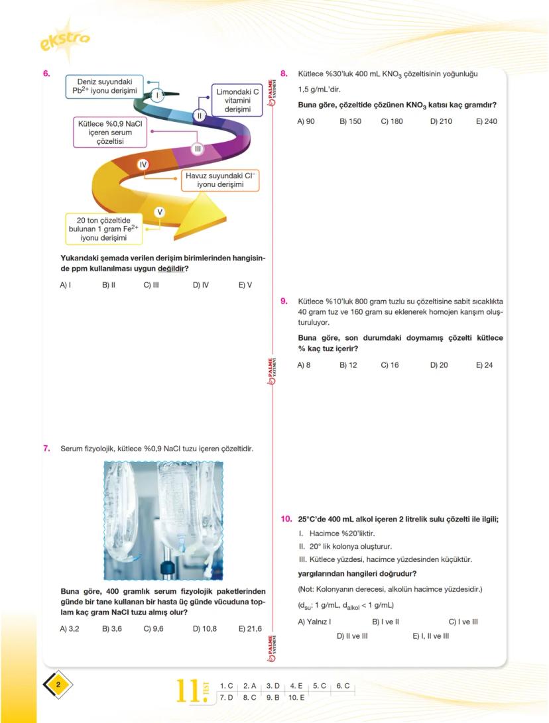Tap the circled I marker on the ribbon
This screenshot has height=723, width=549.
(156, 95)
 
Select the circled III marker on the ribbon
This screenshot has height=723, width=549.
(197, 149)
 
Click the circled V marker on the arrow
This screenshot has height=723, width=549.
(160, 212)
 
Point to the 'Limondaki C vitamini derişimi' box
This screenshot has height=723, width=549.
(237, 101)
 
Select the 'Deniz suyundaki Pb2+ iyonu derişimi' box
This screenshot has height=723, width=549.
(106, 86)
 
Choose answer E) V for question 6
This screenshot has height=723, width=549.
(245, 285)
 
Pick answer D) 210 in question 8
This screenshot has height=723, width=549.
(440, 121)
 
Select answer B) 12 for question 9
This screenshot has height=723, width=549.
(348, 365)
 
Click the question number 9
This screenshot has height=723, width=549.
(284, 301)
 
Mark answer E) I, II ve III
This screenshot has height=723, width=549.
(430, 636)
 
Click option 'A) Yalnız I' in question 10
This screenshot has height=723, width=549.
(314, 622)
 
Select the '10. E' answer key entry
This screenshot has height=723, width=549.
(296, 697)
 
